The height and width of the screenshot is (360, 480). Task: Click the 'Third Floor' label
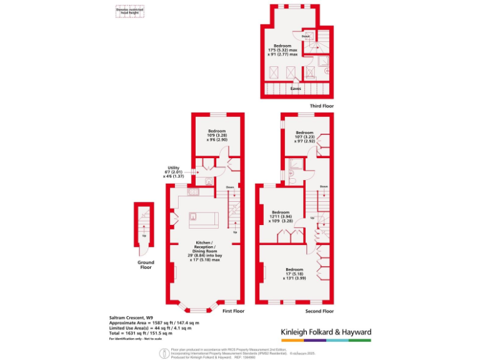click(321, 106)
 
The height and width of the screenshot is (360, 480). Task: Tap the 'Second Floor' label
click(320, 311)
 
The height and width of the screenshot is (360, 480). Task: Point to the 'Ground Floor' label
click(145, 264)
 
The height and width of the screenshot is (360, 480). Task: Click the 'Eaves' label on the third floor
click(296, 89)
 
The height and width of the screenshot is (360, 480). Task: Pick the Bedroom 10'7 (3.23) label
click(304, 137)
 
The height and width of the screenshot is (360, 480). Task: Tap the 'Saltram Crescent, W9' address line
click(127, 318)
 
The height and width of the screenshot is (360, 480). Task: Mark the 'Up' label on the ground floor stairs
click(144, 236)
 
